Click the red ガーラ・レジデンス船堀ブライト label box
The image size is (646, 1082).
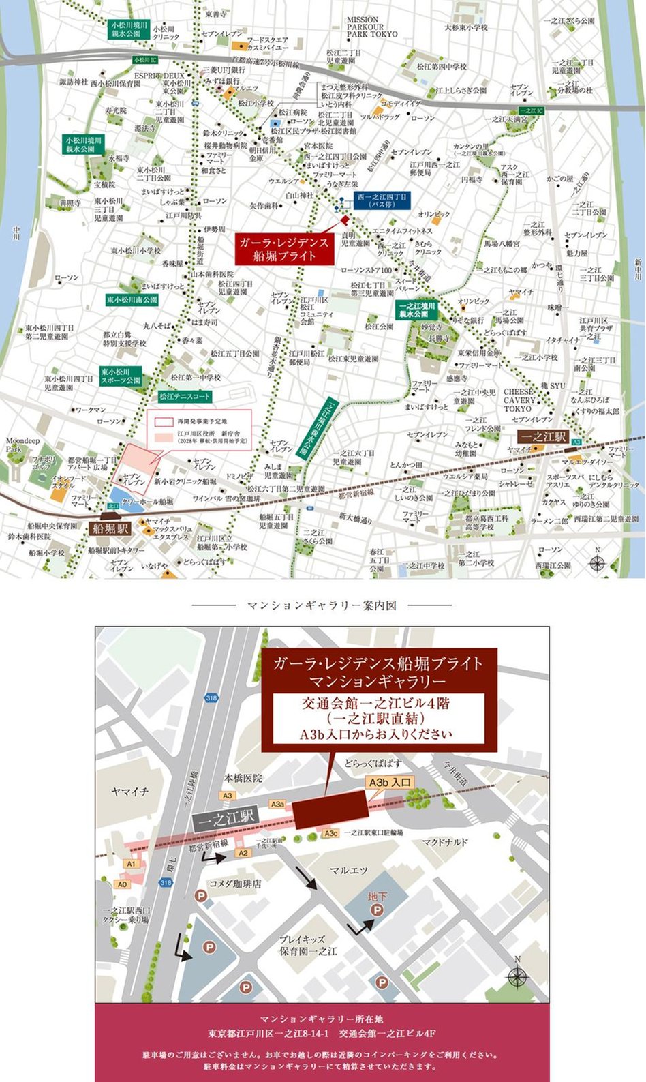tap(284, 250)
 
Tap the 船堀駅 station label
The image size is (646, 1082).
tap(110, 527)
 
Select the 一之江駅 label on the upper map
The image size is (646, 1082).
tap(542, 437)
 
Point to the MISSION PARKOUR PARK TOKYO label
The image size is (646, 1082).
tap(371, 27)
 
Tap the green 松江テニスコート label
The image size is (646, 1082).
tap(185, 395)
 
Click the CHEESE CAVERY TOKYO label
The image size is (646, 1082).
tap(519, 400)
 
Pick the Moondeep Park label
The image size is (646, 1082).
tap(22, 445)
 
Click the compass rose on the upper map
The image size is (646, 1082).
tap(598, 562)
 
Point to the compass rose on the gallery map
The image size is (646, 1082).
tap(517, 977)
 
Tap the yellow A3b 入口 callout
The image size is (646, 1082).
tap(389, 783)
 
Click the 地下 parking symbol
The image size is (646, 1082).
tap(376, 903)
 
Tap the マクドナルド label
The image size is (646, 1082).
tap(445, 842)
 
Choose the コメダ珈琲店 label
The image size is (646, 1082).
tap(235, 883)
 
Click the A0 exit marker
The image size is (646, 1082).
tap(121, 884)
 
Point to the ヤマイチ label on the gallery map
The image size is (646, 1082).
tap(129, 792)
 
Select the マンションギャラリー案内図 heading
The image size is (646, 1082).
tap(322, 605)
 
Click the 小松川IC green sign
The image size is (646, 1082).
tap(146, 60)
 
